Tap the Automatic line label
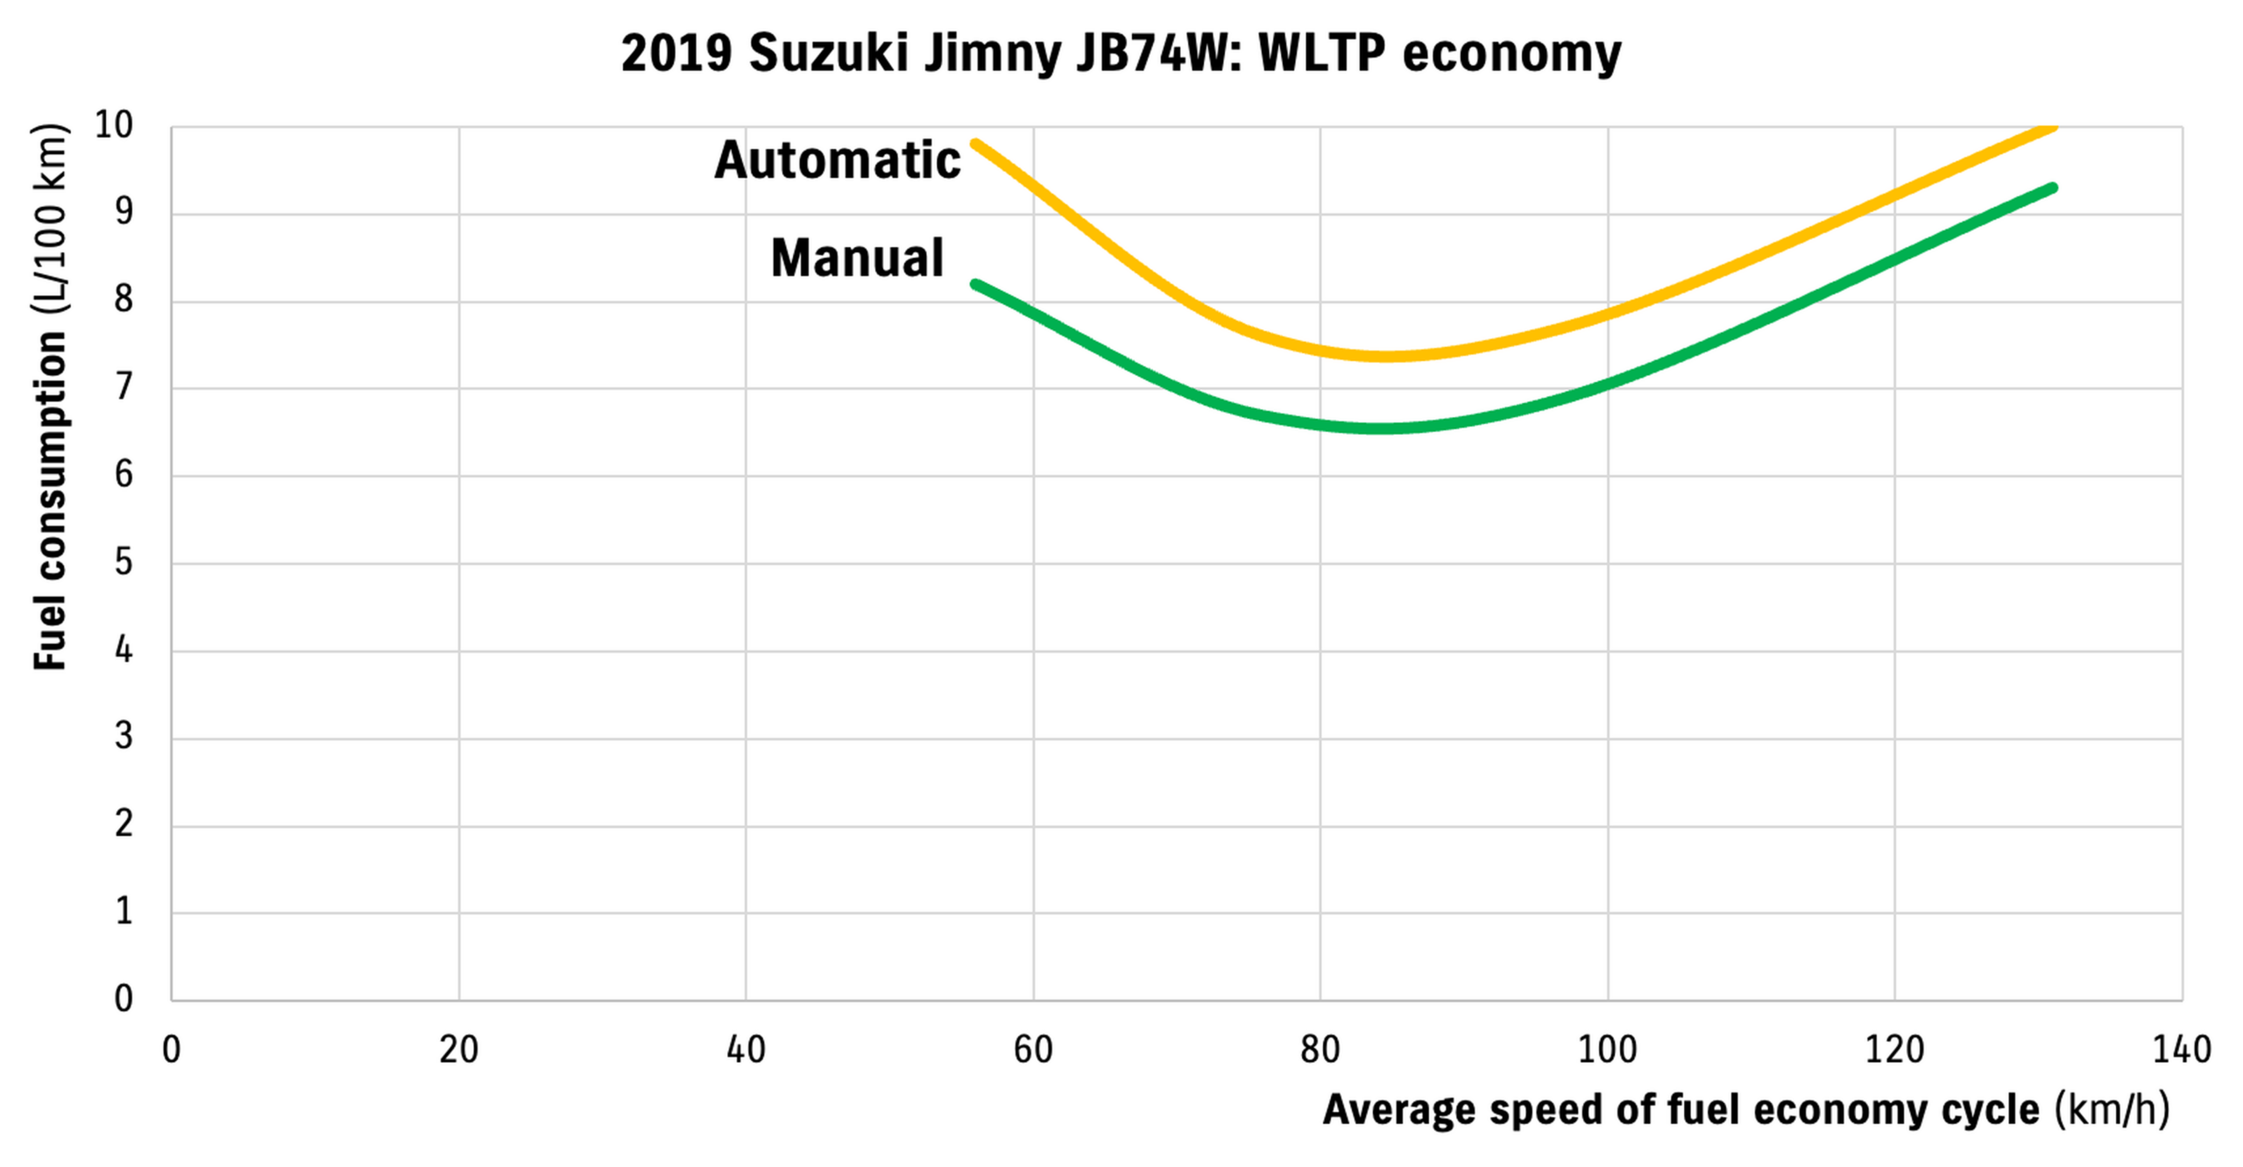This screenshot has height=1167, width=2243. pyautogui.click(x=837, y=160)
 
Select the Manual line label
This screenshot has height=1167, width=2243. pyautogui.click(x=857, y=258)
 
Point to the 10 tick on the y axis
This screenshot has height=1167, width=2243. pyautogui.click(x=114, y=125)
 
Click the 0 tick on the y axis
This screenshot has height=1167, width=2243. pyautogui.click(x=124, y=999)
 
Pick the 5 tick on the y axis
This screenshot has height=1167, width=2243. pyautogui.click(x=124, y=562)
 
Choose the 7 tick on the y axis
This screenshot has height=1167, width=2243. pyautogui.click(x=124, y=387)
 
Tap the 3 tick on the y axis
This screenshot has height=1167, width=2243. pyautogui.click(x=124, y=737)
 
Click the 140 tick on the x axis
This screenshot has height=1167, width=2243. pyautogui.click(x=2181, y=1050)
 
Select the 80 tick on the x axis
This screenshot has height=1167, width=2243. pyautogui.click(x=1320, y=1050)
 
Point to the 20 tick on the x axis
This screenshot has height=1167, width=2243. pyautogui.click(x=458, y=1050)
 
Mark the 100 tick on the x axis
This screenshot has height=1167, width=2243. pyautogui.click(x=1607, y=1050)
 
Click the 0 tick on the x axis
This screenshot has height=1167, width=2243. pyautogui.click(x=172, y=1050)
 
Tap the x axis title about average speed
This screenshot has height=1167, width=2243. pyautogui.click(x=1745, y=1110)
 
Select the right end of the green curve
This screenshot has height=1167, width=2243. pyautogui.click(x=2052, y=187)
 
